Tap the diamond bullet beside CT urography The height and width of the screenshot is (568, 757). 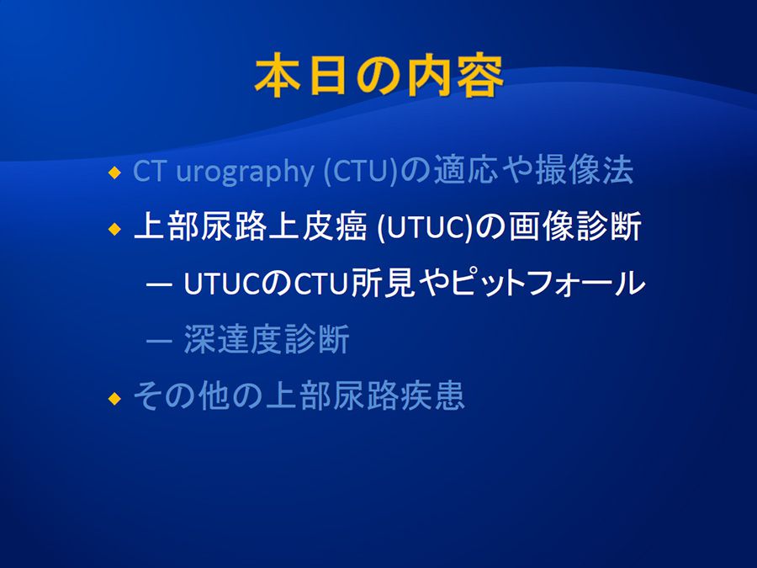(x=114, y=173)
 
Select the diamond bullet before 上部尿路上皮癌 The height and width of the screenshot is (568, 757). (x=114, y=228)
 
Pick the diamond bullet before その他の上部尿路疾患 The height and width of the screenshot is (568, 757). (x=114, y=399)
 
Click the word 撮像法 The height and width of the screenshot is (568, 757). (x=585, y=170)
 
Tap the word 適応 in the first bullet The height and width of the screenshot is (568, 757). (x=465, y=170)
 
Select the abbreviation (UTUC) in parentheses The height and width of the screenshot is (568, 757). (x=424, y=227)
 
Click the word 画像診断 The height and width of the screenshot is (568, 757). (x=574, y=226)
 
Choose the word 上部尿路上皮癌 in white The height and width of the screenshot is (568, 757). (x=250, y=226)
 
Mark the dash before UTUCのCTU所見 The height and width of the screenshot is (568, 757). (x=159, y=285)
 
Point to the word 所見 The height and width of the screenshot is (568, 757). (x=383, y=283)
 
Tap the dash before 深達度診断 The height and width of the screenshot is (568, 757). (x=159, y=342)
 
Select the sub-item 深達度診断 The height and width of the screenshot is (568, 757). (x=267, y=339)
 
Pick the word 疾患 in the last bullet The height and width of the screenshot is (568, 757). (x=432, y=395)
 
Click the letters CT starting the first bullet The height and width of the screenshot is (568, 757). (x=149, y=171)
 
